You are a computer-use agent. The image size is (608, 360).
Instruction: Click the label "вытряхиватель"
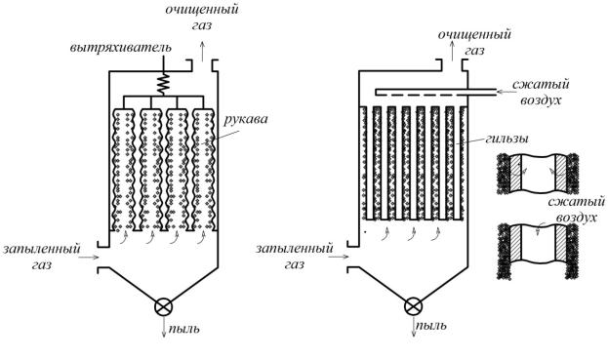[x=121, y=49]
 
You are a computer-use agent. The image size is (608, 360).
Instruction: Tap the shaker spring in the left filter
[x=163, y=83]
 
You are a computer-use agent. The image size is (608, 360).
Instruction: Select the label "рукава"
[x=246, y=119]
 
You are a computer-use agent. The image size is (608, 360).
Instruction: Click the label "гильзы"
[x=506, y=140]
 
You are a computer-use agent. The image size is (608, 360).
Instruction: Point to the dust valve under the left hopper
[x=164, y=307]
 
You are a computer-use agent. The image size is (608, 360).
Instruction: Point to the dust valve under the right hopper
[x=414, y=306]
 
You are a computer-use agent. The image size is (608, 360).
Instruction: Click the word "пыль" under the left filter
[x=183, y=329]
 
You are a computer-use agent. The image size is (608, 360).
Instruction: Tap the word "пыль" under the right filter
[x=430, y=325]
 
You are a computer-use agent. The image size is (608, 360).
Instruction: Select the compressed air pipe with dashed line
[x=436, y=92]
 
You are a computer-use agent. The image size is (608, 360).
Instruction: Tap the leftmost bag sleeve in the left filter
[x=124, y=170]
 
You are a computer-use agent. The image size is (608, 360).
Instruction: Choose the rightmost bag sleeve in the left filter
[x=204, y=170]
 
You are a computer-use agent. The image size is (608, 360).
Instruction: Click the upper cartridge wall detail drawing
[x=538, y=173]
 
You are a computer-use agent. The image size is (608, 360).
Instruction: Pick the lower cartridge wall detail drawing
[x=538, y=251]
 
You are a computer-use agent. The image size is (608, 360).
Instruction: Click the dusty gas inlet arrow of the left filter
[x=91, y=257]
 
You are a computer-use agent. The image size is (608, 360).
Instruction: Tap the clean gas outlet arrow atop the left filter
[x=202, y=52]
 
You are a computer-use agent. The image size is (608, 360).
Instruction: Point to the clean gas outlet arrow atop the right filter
[x=452, y=51]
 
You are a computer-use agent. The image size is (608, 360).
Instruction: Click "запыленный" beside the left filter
[x=42, y=249]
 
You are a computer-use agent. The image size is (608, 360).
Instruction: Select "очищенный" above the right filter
[x=474, y=35]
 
